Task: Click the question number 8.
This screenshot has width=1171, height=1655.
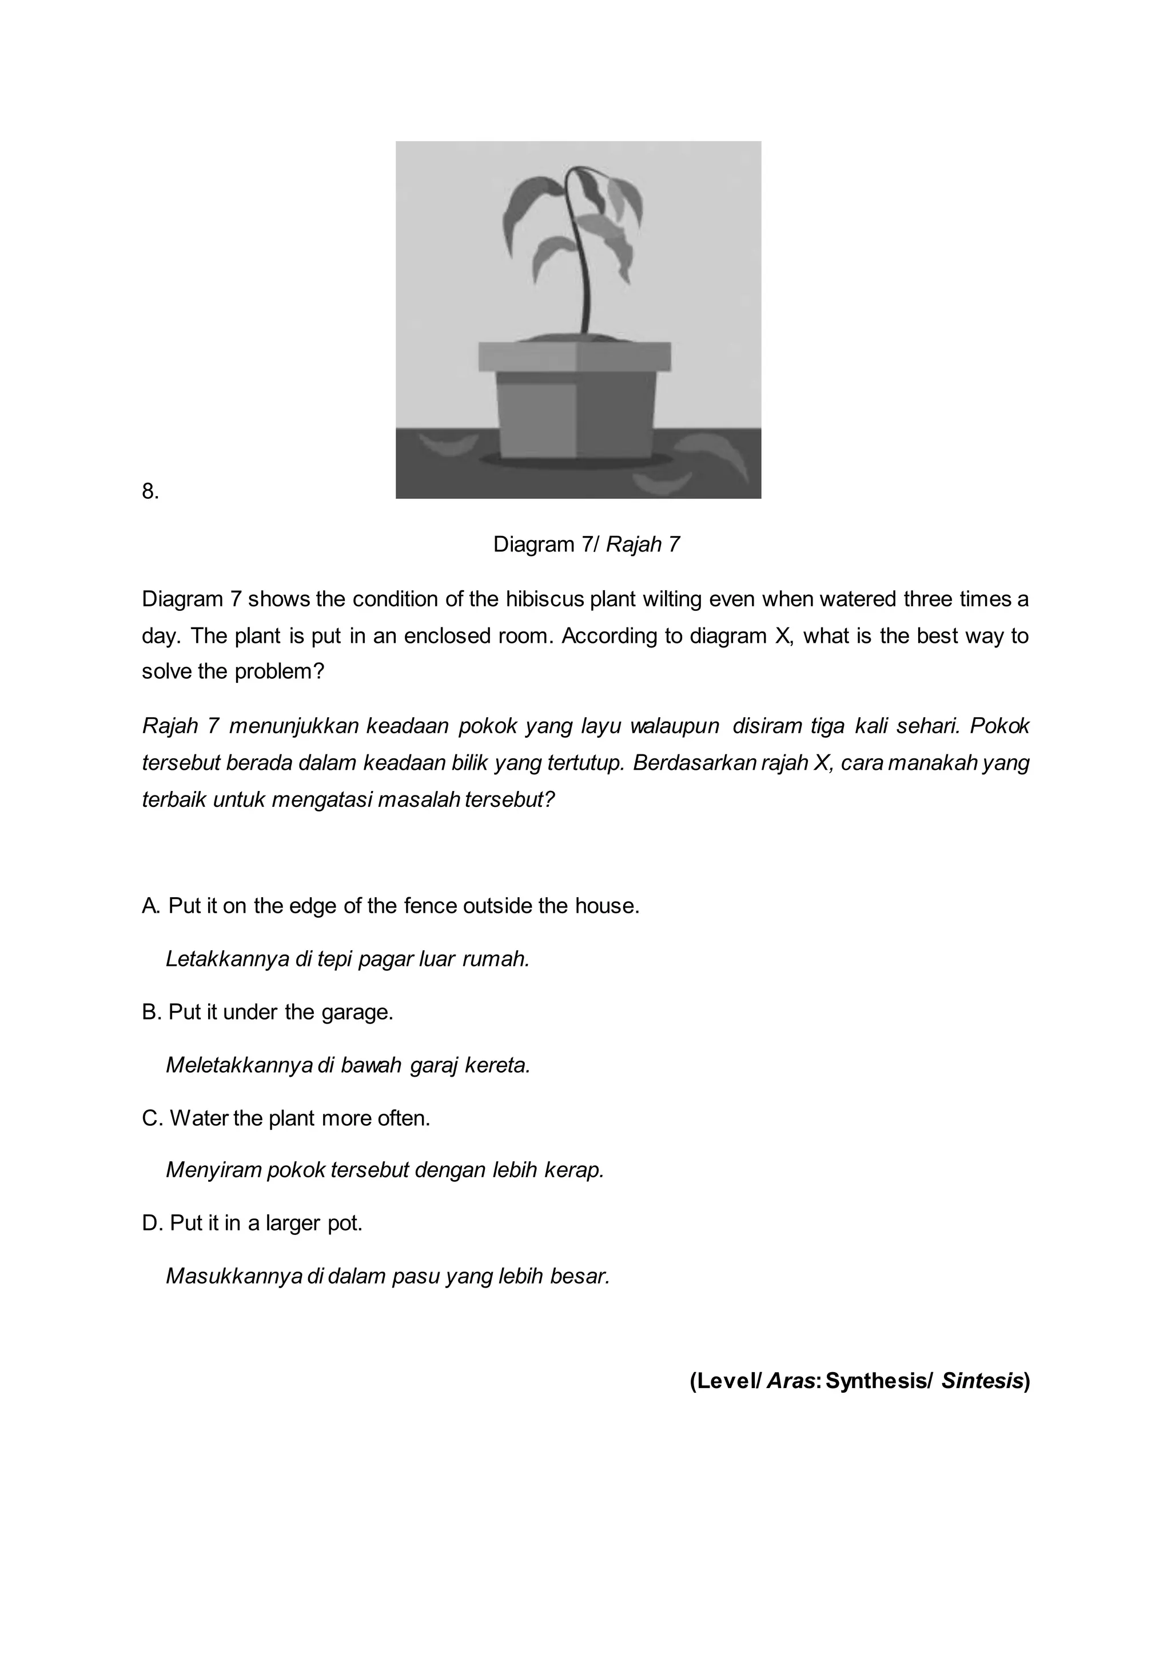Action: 150,492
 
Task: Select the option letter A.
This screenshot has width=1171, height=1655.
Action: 152,906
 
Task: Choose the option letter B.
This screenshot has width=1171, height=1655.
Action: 152,1012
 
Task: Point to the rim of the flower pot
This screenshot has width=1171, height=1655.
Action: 575,356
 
